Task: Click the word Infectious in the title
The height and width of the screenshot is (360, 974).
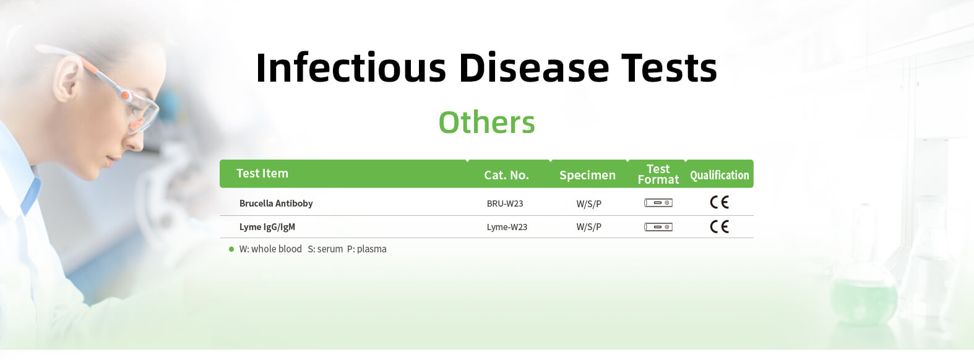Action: click(x=351, y=67)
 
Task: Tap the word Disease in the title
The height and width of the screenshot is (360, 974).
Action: click(x=534, y=67)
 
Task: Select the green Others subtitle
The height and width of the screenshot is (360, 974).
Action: click(x=486, y=122)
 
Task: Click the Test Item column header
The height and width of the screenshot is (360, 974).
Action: click(x=262, y=173)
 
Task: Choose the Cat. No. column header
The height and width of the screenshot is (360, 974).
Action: click(x=506, y=175)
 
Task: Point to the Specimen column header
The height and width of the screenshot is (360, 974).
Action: click(x=587, y=175)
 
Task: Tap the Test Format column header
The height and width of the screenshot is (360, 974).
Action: click(x=658, y=174)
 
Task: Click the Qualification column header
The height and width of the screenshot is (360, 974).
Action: click(x=719, y=175)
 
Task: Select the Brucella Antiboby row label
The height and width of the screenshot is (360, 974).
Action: click(x=275, y=204)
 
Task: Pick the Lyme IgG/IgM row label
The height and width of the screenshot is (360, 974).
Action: click(x=267, y=227)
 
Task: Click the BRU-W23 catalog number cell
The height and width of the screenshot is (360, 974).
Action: click(x=505, y=204)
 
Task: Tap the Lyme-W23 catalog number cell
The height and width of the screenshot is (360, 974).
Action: click(x=507, y=227)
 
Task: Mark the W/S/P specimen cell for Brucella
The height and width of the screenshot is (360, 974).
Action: click(x=588, y=204)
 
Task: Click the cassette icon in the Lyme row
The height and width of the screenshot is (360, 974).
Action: click(x=658, y=227)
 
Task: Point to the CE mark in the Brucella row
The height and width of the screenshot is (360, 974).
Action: click(x=719, y=202)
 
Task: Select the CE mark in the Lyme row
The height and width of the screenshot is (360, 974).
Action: click(x=719, y=226)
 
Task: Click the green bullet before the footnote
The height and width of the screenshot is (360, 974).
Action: click(x=231, y=249)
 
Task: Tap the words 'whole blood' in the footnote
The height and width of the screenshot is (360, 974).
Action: click(x=277, y=249)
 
